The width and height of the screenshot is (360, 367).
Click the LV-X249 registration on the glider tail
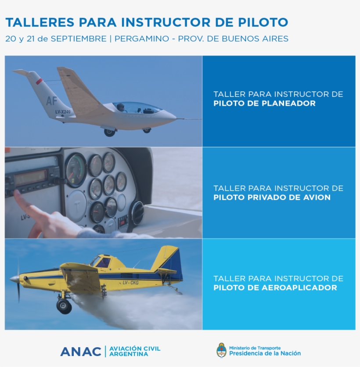(63, 112)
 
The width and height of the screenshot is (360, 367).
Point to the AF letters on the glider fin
(52, 101)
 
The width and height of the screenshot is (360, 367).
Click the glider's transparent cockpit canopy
(136, 107)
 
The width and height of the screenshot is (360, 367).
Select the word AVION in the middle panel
(315, 197)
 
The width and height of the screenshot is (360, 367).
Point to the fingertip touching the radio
(17, 193)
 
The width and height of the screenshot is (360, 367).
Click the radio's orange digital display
(31, 178)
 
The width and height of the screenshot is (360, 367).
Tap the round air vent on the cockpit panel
(137, 213)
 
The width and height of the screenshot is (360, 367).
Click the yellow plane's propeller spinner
(14, 278)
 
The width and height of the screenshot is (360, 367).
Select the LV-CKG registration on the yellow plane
(130, 282)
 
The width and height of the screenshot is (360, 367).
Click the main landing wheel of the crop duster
(64, 306)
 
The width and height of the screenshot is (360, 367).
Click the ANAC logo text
(81, 351)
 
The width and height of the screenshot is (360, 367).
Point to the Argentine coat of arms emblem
(222, 350)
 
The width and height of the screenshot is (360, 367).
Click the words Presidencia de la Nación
(265, 353)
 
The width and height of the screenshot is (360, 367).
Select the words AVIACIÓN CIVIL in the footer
(134, 349)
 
